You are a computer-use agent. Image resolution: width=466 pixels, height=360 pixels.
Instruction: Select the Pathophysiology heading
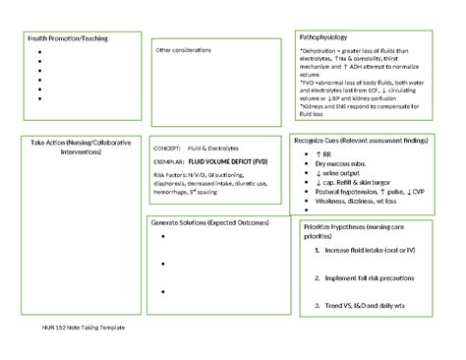tap(320, 34)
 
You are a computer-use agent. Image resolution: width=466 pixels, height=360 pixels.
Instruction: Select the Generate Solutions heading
tap(209, 224)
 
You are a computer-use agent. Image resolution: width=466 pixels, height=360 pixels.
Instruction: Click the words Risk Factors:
tap(170, 173)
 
